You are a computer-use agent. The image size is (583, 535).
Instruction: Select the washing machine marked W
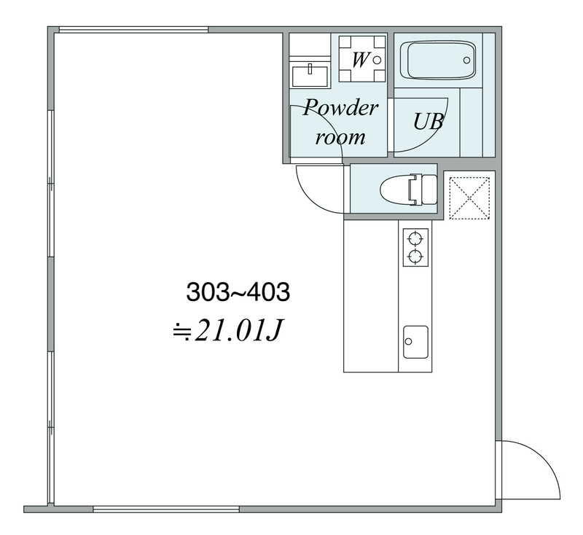pyautogui.click(x=362, y=59)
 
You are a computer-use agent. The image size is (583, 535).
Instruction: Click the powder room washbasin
pyautogui.click(x=310, y=77)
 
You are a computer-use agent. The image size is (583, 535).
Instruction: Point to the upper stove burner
pyautogui.click(x=415, y=238)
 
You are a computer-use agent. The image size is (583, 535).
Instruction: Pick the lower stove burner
pyautogui.click(x=415, y=256)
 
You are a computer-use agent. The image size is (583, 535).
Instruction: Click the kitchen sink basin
pyautogui.click(x=415, y=342)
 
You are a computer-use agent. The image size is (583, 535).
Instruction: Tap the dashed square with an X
pyautogui.click(x=469, y=198)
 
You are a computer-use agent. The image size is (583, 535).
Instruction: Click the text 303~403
pyautogui.click(x=238, y=292)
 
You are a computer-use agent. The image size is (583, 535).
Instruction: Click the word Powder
pyautogui.click(x=340, y=109)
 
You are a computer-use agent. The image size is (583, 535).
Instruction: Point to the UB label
pyautogui.click(x=429, y=121)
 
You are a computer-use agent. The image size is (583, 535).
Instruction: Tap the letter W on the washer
pyautogui.click(x=360, y=60)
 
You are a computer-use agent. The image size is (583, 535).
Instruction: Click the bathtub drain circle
pyautogui.click(x=466, y=60)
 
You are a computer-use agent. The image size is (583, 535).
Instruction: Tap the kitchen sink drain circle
pyautogui.click(x=409, y=341)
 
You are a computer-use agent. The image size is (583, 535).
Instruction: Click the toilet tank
pyautogui.click(x=429, y=190)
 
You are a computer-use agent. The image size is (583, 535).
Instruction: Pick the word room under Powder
pyautogui.click(x=340, y=137)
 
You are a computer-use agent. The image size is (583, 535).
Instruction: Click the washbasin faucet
pyautogui.click(x=310, y=69)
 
